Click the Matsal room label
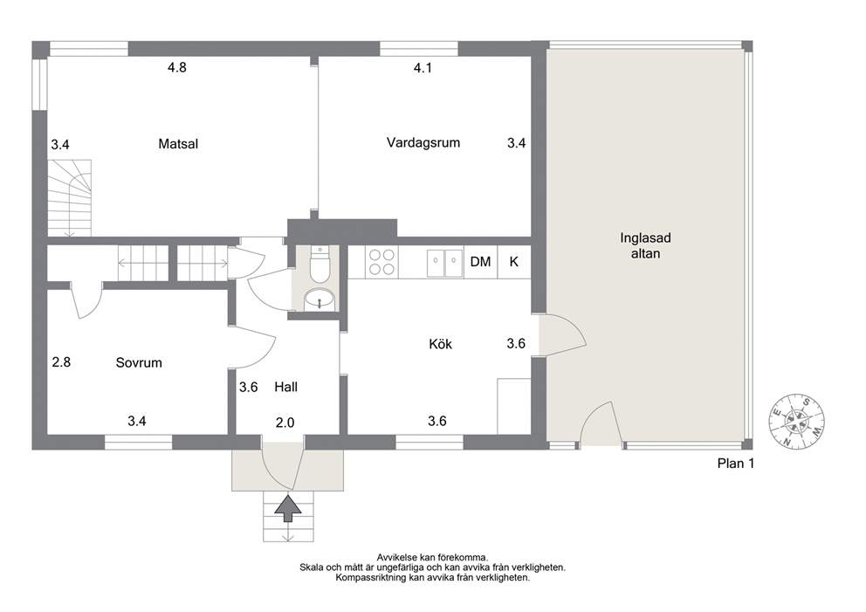pos(178,144)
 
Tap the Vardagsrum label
pos(423,142)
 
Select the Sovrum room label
pos(139,363)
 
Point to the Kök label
pos(440,344)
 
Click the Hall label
pos(286,388)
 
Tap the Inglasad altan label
pos(645,246)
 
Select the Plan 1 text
pos(736,464)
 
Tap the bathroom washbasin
pos(320,299)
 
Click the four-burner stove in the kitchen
pos(381,262)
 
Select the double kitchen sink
pos(444,263)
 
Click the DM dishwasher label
pos(480,262)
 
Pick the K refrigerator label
pos(513,262)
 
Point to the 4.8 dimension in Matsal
pos(177,67)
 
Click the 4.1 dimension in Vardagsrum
pos(423,68)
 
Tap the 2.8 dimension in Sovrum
pos(61,362)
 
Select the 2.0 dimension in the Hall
pos(285,423)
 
